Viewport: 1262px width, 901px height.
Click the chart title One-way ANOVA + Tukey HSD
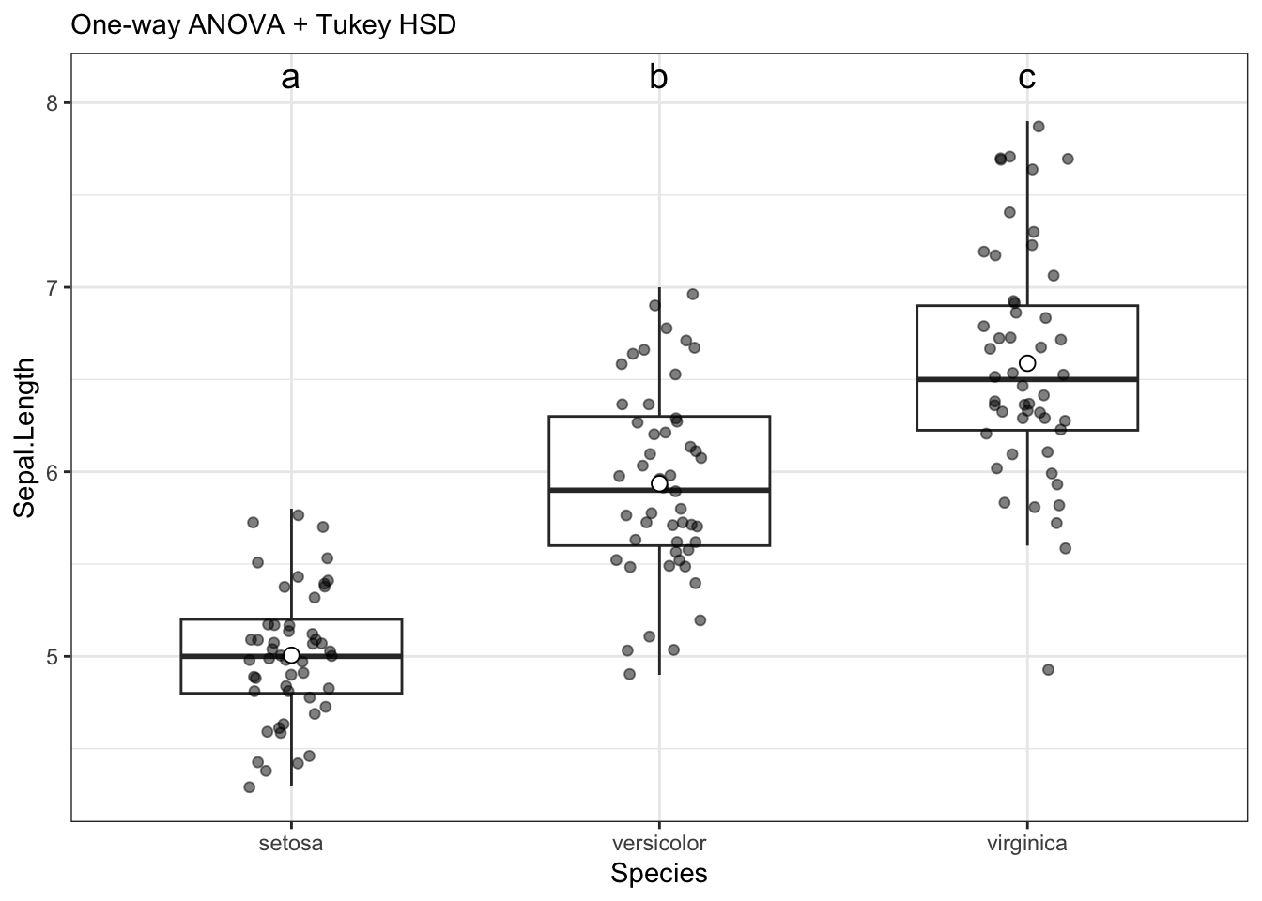click(x=263, y=25)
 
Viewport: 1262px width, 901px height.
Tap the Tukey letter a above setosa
click(x=290, y=78)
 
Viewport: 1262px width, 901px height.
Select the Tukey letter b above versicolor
click(x=658, y=78)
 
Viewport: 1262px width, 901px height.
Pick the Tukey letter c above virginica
click(x=1027, y=78)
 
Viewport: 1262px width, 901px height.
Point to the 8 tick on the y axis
click(x=53, y=102)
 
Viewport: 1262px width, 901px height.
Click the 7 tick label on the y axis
click(x=53, y=287)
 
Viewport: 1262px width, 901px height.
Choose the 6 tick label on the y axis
click(x=53, y=472)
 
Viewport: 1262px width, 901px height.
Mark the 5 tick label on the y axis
click(x=53, y=656)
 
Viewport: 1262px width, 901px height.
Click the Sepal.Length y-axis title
click(x=25, y=437)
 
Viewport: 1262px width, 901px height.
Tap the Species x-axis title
click(x=658, y=874)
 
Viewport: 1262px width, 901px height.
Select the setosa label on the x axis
click(x=290, y=843)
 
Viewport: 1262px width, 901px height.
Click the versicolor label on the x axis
click(x=658, y=843)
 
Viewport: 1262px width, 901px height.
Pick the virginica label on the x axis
click(x=1027, y=843)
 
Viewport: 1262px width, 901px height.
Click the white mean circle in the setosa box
click(x=291, y=655)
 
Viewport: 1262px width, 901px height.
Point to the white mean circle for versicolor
click(x=659, y=483)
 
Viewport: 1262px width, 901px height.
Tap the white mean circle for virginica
click(x=1027, y=363)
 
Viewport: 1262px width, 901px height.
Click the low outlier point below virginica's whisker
click(x=1048, y=669)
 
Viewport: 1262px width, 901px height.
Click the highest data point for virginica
click(x=1039, y=127)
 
